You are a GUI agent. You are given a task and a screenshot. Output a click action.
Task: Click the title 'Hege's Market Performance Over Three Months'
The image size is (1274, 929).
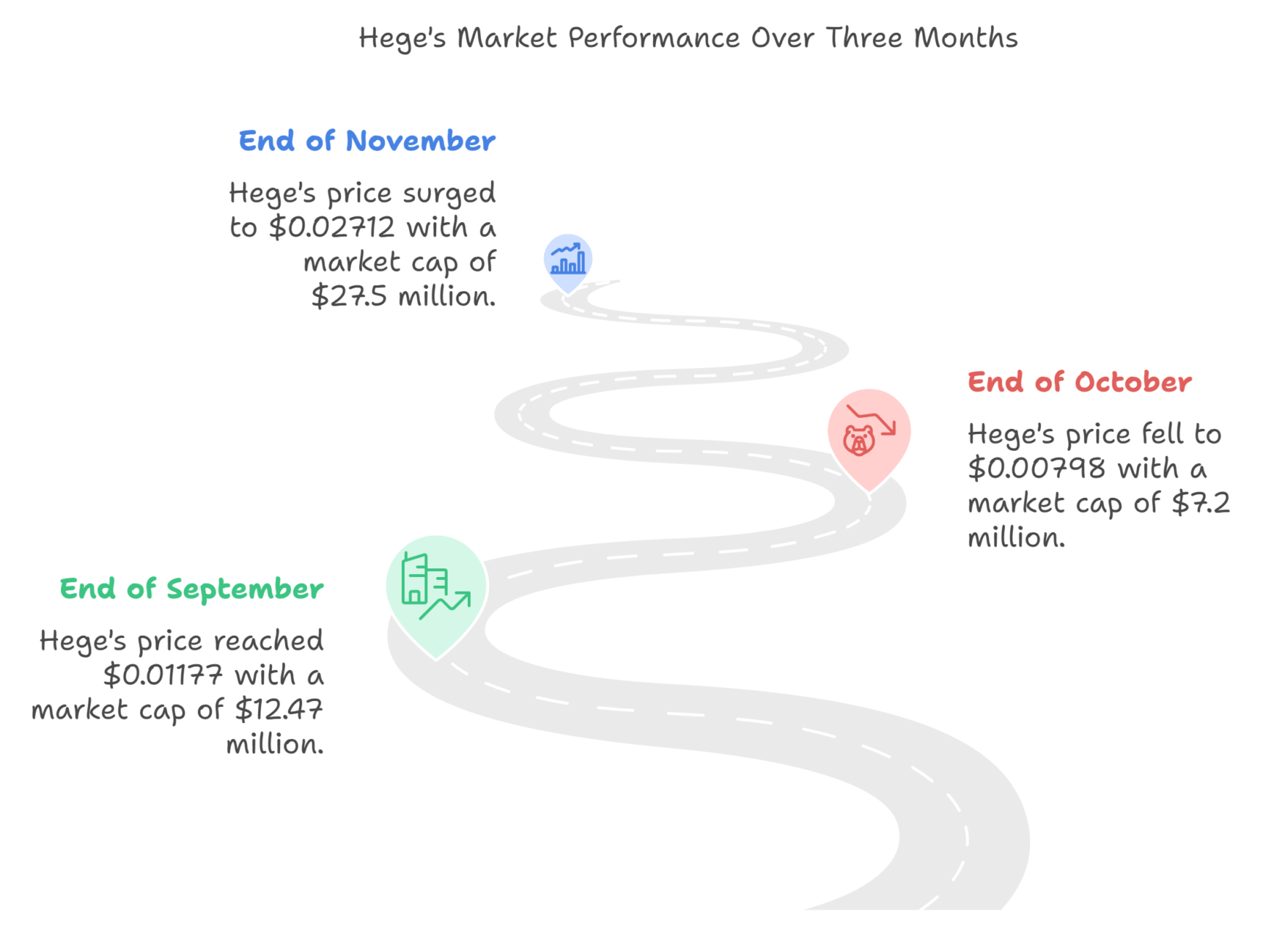tap(688, 38)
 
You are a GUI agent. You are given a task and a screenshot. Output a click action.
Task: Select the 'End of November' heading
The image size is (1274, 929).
tap(367, 141)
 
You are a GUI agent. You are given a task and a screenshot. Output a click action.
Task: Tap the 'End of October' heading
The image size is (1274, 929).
tap(1080, 382)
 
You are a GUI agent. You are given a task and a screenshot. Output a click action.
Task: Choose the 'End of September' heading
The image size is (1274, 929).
tap(192, 589)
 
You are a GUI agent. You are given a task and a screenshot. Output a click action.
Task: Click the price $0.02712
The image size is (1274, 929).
tap(332, 227)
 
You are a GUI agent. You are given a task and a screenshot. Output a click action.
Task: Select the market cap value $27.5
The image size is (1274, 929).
tap(349, 296)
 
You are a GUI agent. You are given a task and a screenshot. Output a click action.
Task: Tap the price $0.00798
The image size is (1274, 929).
tap(1037, 468)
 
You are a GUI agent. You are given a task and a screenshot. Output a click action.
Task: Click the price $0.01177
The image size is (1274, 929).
tap(163, 675)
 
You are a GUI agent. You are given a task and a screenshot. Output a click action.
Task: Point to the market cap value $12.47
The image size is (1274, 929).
tap(279, 709)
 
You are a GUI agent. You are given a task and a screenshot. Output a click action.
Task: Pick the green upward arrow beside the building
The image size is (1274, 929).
tap(445, 605)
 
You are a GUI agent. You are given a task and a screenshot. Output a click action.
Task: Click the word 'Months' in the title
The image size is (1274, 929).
tap(966, 38)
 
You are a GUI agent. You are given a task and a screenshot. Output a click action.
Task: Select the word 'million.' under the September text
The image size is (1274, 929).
tap(275, 744)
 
